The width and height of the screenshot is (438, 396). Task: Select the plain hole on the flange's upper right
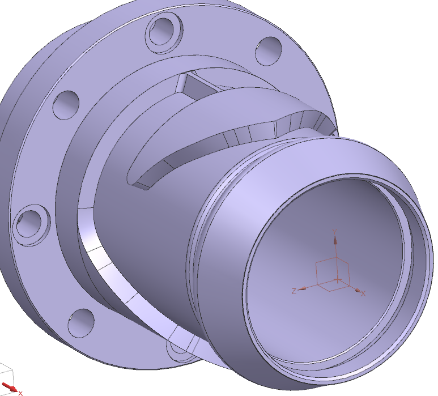tap(269, 51)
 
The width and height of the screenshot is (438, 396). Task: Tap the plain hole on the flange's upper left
tap(66, 105)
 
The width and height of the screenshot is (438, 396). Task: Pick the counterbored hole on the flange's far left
tap(32, 225)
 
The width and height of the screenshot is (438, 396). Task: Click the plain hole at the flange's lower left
tap(81, 323)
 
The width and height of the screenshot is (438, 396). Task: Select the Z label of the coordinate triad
tap(294, 291)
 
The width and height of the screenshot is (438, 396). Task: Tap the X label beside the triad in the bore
tap(363, 293)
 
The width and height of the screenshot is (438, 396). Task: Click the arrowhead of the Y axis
tap(335, 240)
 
